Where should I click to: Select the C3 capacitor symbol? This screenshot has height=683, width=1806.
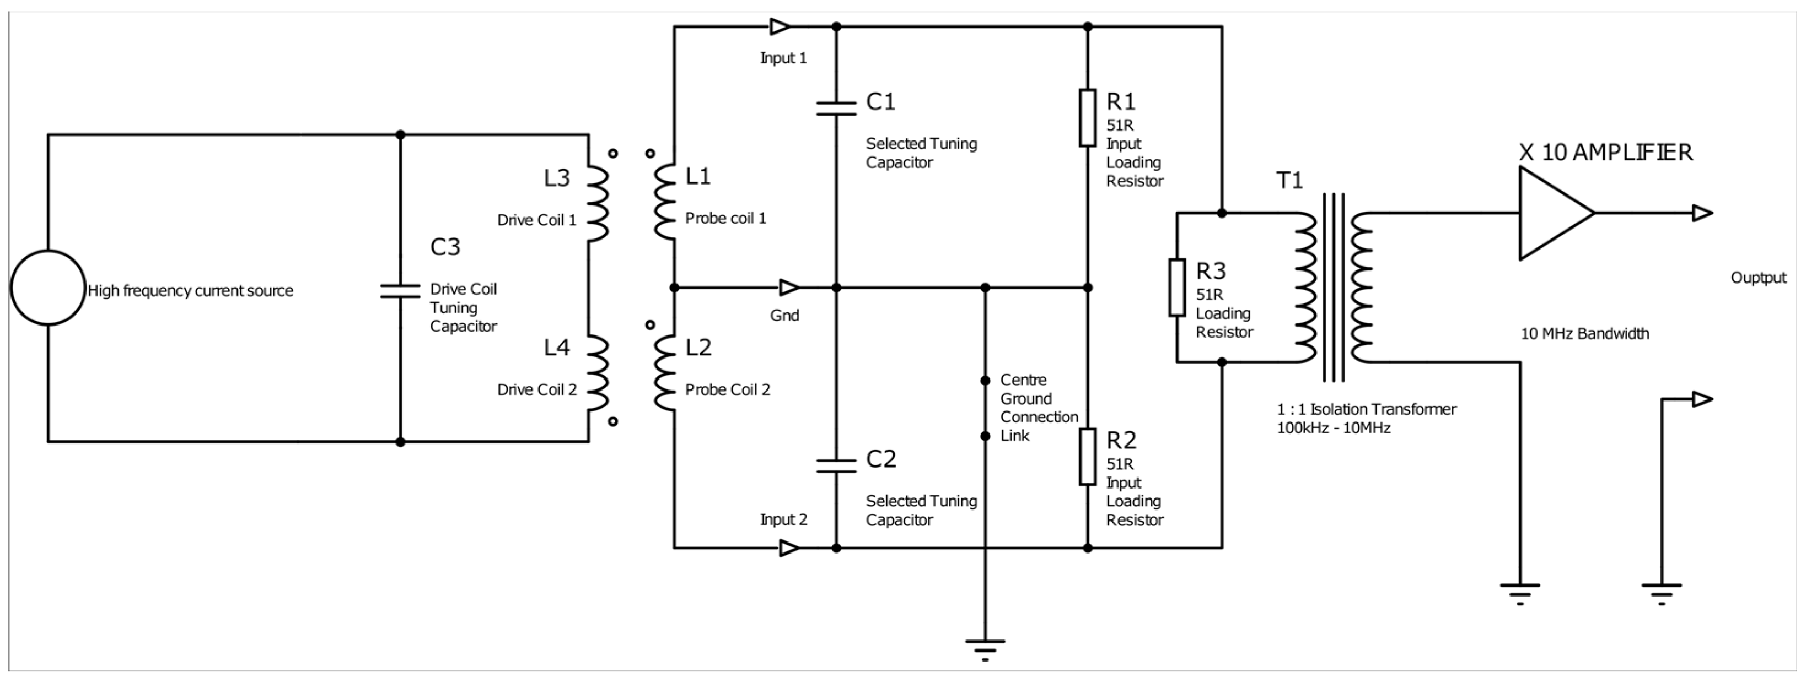pyautogui.click(x=400, y=291)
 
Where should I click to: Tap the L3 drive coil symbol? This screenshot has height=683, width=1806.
pyautogui.click(x=598, y=204)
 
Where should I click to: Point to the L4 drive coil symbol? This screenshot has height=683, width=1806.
pyautogui.click(x=598, y=374)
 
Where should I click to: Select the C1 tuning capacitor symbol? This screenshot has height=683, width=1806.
pyautogui.click(x=836, y=109)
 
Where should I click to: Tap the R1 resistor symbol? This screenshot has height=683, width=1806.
pyautogui.click(x=1087, y=118)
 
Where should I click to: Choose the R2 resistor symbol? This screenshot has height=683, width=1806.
pyautogui.click(x=1087, y=457)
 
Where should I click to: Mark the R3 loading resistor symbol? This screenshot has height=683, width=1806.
pyautogui.click(x=1177, y=287)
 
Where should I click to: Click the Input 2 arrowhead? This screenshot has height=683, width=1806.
pyautogui.click(x=789, y=549)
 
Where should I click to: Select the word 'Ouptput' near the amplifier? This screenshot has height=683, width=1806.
pyautogui.click(x=1759, y=278)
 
